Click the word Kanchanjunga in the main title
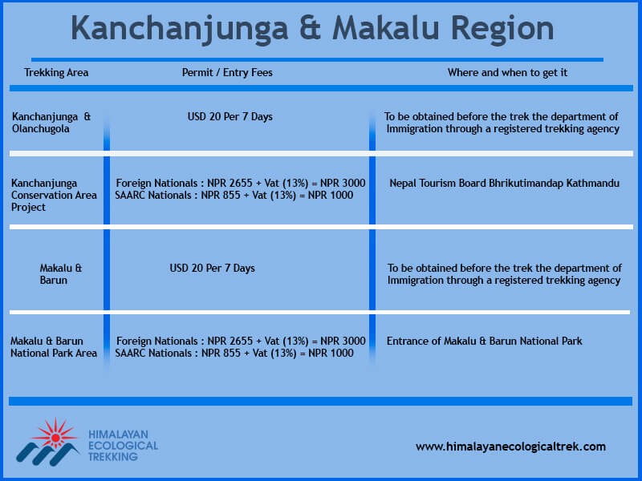pos(180,29)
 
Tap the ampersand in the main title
pos(310,28)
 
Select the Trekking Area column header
pos(56,73)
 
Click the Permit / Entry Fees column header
pos(227,73)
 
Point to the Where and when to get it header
pos(507,73)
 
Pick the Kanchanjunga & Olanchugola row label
pos(51,123)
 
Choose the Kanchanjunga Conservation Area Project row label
pos(54,195)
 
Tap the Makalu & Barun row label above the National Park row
pos(61,274)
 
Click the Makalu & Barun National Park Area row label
pos(54,347)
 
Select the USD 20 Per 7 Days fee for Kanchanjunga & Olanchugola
pos(230,116)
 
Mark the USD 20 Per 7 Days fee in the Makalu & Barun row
pos(212,269)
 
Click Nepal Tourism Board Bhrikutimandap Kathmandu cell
pos(504,184)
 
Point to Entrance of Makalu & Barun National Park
pos(484,342)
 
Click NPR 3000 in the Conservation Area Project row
pos(343,184)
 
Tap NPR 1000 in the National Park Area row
pos(331,353)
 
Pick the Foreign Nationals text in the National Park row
pos(156,342)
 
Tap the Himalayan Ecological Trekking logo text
pos(124,446)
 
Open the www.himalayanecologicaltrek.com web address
pos(510,447)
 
